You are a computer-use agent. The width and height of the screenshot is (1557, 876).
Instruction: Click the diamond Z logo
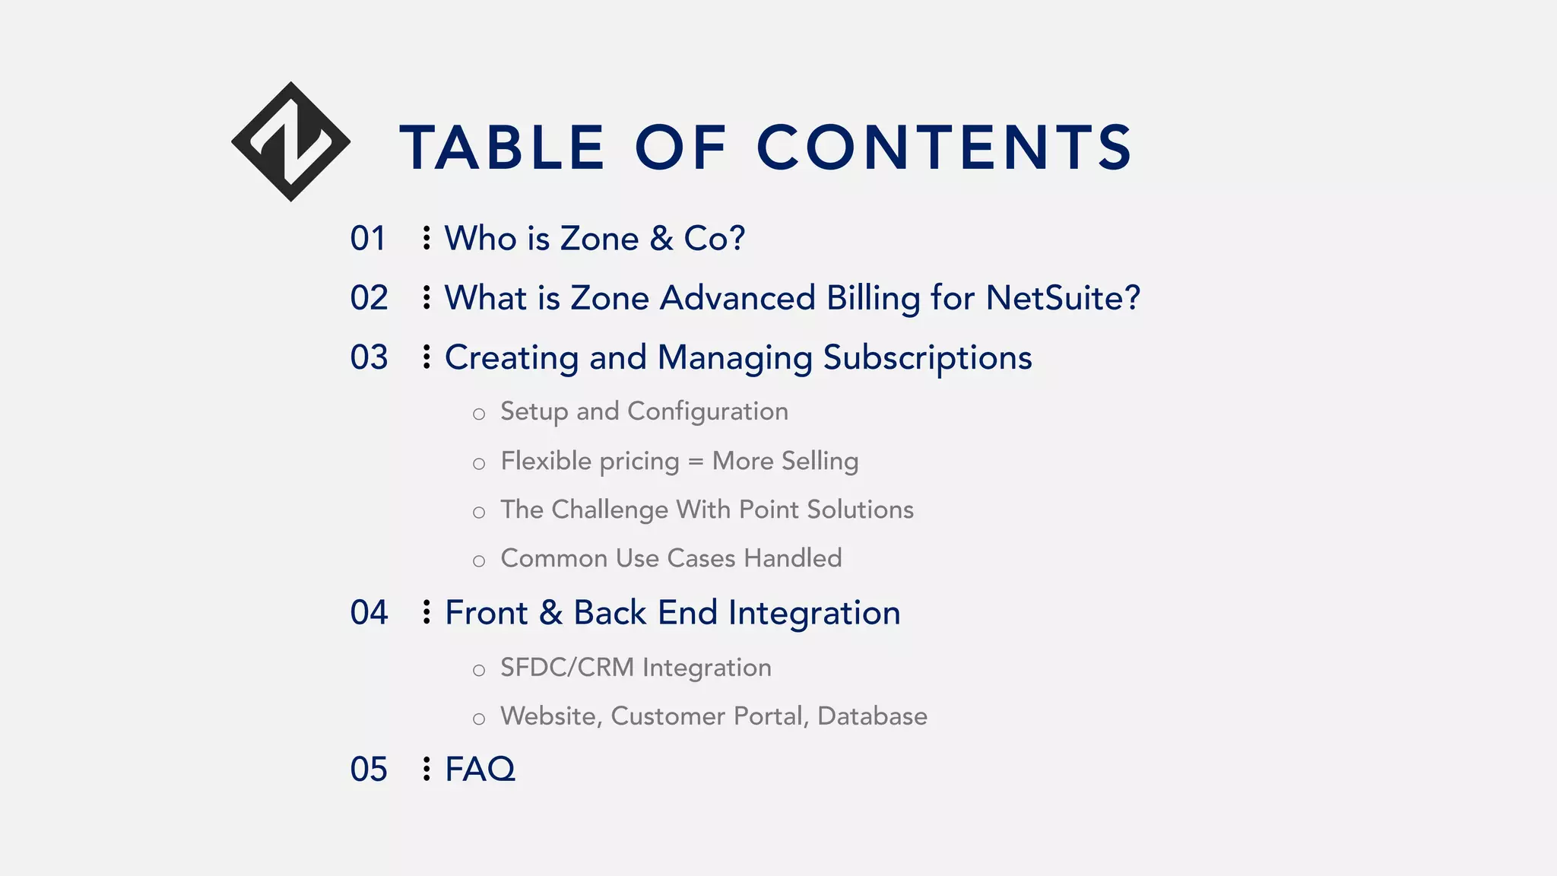[x=290, y=141]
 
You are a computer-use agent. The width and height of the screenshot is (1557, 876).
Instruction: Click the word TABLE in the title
[x=503, y=148]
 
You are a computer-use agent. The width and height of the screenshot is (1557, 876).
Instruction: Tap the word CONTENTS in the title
[x=944, y=148]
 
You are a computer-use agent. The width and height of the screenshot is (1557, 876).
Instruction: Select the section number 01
[x=368, y=239]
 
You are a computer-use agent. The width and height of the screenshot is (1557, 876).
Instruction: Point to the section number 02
[x=369, y=298]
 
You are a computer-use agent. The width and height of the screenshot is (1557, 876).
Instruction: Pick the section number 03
[x=369, y=357]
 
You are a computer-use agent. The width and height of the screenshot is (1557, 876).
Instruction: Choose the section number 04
[x=369, y=613]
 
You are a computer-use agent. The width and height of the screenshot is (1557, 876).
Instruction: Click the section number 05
[x=369, y=770]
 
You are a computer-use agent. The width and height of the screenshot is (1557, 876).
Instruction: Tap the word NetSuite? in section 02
[x=1063, y=298]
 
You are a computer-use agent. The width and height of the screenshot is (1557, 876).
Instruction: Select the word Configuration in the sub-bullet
[x=708, y=412]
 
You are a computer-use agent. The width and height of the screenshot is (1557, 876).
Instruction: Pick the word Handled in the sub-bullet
[x=793, y=559]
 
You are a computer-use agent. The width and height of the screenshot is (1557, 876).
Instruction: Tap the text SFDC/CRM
[x=567, y=668]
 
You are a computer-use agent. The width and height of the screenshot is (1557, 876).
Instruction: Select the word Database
[x=872, y=716]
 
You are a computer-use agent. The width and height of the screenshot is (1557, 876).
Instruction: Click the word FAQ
[x=480, y=770]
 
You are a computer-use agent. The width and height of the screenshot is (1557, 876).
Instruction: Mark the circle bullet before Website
[x=478, y=719]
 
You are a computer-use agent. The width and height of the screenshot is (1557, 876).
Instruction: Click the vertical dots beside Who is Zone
[x=427, y=238]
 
